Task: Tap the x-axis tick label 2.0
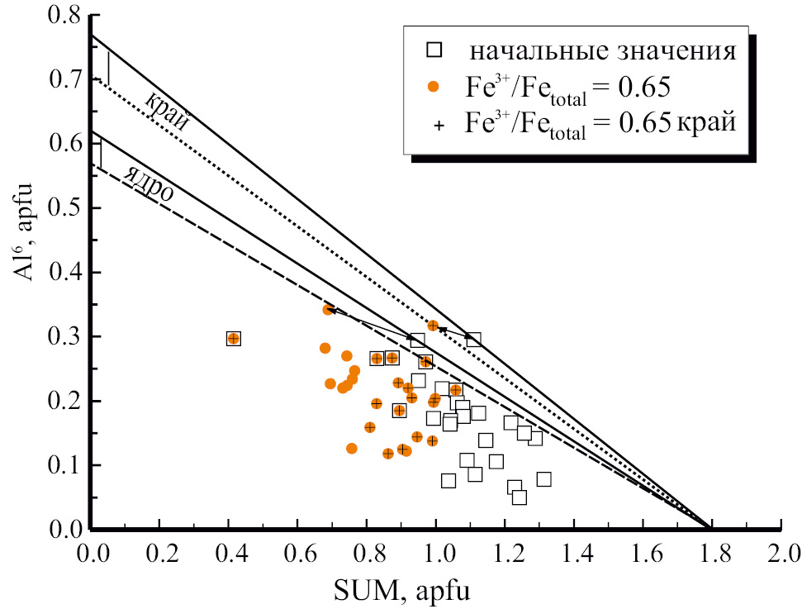[780, 552]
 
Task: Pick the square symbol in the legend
[435, 50]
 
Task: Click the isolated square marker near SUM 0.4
[234, 338]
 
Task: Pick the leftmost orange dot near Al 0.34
[328, 309]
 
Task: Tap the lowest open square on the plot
[520, 497]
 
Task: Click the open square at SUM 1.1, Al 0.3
[473, 339]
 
